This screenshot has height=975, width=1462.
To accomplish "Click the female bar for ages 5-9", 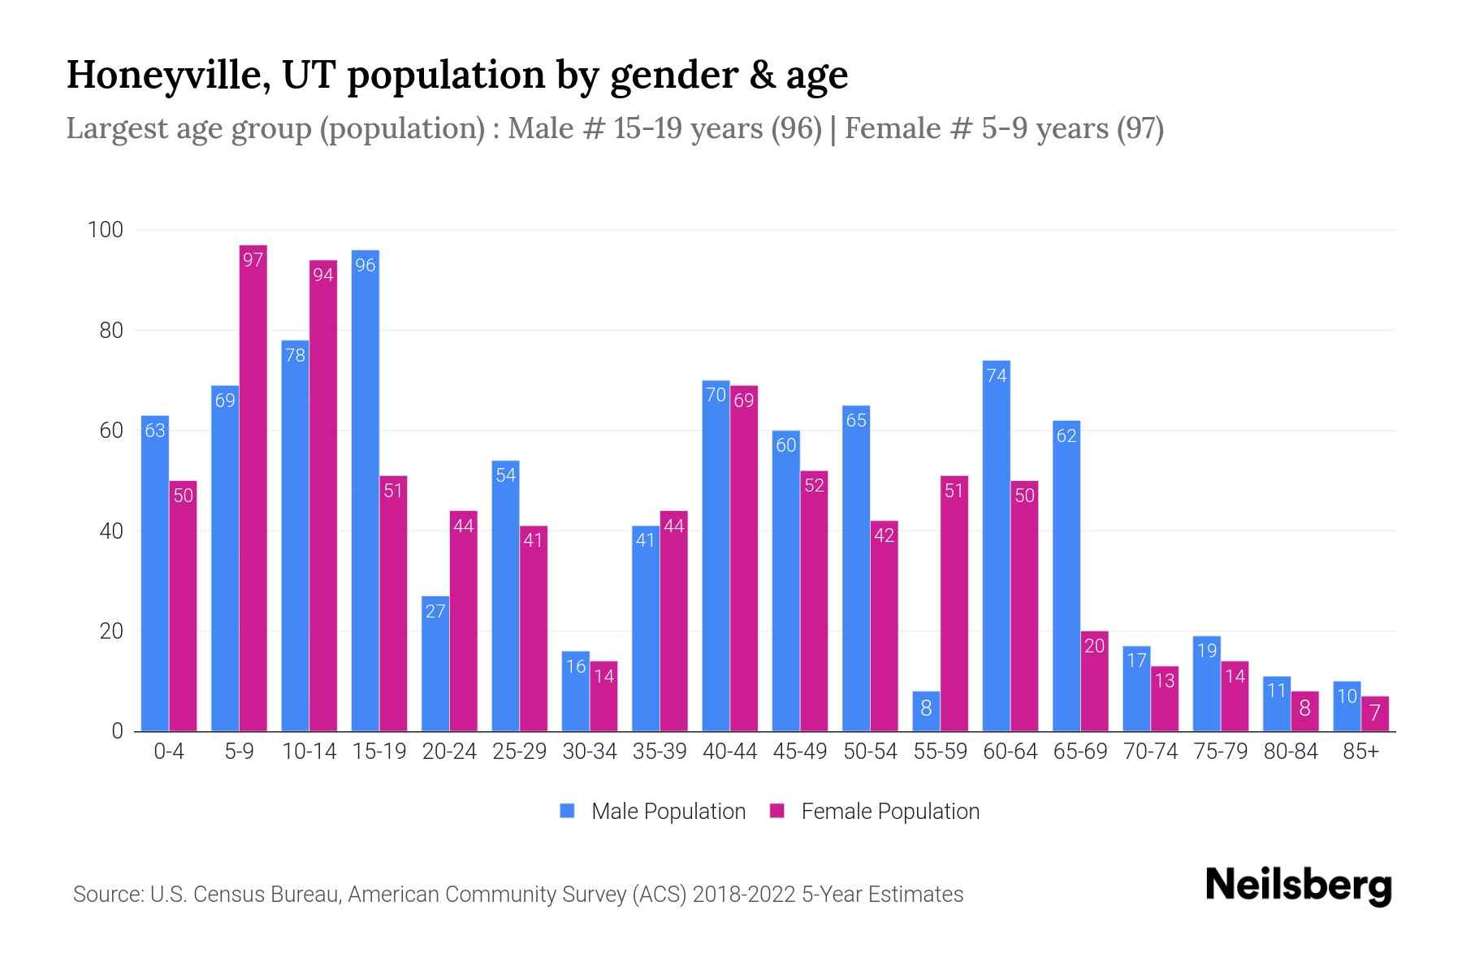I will click(x=253, y=487).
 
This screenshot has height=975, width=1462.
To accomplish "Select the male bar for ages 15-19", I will click(x=365, y=491).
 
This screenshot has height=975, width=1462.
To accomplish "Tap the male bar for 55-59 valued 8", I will click(x=926, y=712).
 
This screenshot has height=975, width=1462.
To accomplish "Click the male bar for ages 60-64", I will click(x=997, y=546).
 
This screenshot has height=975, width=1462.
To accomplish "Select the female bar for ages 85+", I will click(x=1375, y=714).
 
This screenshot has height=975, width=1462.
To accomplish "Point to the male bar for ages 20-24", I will click(x=435, y=664).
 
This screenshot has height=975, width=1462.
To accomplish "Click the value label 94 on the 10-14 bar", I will click(x=323, y=275).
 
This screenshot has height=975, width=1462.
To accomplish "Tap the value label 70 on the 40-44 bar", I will click(x=716, y=395).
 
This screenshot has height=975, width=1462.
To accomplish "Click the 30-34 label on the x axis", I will click(x=590, y=752).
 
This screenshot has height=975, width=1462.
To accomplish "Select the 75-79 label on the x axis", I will click(x=1221, y=752).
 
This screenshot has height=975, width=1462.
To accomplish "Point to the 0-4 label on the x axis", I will click(x=169, y=752).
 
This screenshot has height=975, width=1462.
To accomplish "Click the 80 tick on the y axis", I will click(x=111, y=331).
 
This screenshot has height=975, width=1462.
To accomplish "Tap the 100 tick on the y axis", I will click(x=106, y=230).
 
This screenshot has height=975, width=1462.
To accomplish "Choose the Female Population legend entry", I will click(x=875, y=811).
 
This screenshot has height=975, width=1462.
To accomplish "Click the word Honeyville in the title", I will click(x=169, y=76).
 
